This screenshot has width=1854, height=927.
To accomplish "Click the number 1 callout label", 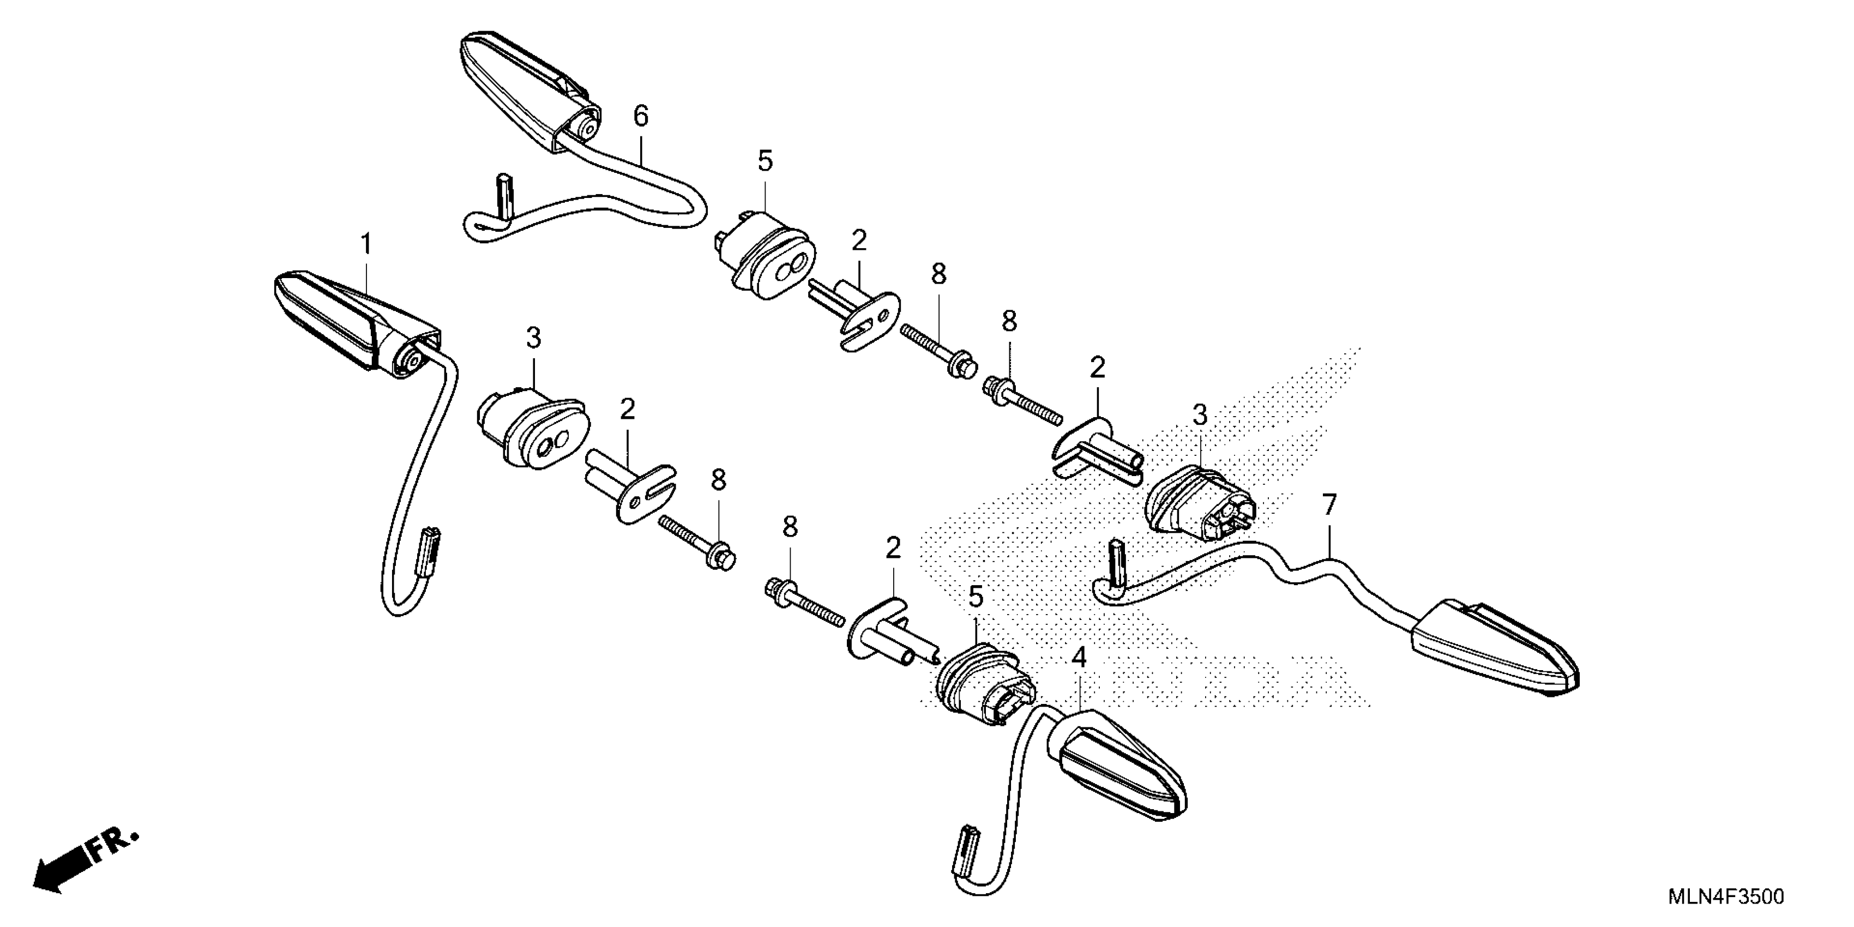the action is click(x=366, y=245).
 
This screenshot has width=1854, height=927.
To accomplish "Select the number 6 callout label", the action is click(x=641, y=115).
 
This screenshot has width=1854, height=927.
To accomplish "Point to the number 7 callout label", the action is click(x=1328, y=506).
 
